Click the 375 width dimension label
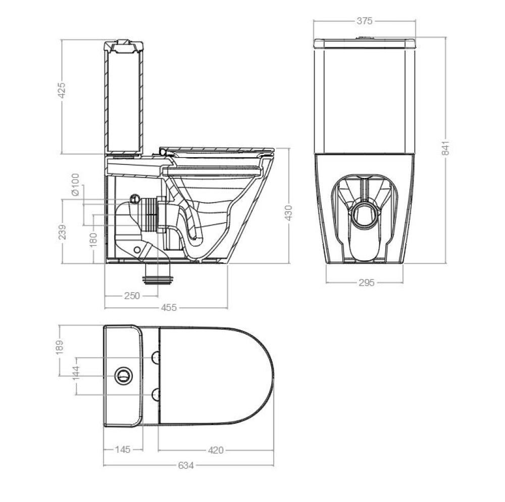[x=365, y=21]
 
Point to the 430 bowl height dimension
[x=288, y=213]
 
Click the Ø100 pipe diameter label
[x=75, y=185]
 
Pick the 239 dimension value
[x=62, y=232]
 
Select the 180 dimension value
[x=93, y=240]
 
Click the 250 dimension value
[x=132, y=296]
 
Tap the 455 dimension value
[x=169, y=307]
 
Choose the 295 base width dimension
[x=367, y=283]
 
